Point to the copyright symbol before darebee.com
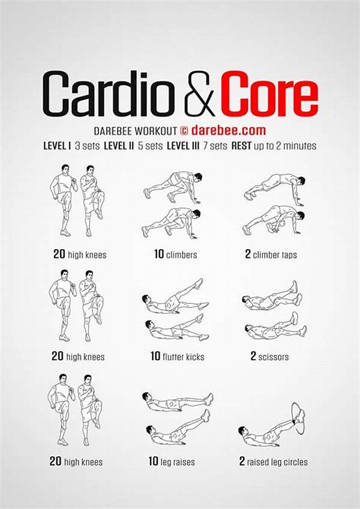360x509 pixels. click(x=184, y=130)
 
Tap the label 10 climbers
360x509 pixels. click(x=175, y=254)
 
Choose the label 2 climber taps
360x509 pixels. click(x=271, y=254)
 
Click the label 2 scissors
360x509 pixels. click(x=269, y=357)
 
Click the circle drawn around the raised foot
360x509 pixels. click(x=296, y=414)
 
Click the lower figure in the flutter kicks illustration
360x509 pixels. click(x=176, y=330)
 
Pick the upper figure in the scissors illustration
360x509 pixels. click(x=271, y=298)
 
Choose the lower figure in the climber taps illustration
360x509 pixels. click(x=273, y=220)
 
